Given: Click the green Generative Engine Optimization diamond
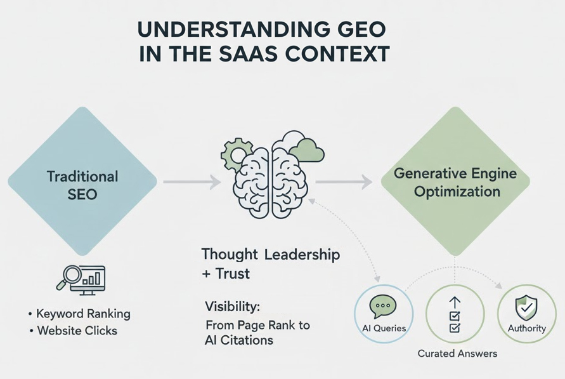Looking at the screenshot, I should click(x=455, y=182).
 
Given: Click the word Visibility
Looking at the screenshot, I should click(x=232, y=307).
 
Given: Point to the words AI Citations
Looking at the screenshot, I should click(x=239, y=340).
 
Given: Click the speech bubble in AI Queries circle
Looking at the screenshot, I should click(x=383, y=307).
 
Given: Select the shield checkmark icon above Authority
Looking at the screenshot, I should click(x=526, y=308).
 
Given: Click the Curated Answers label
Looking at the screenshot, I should click(x=457, y=354).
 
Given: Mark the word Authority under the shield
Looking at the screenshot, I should click(x=526, y=328).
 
